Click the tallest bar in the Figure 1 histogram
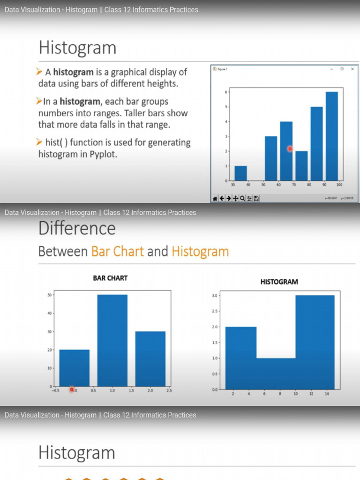tap(331, 136)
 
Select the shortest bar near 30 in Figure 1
tap(240, 173)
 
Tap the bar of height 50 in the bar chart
tap(112, 340)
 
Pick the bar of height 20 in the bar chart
tap(74, 367)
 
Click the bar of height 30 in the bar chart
tap(150, 359)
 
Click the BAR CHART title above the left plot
tap(110, 278)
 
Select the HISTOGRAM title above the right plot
tap(279, 282)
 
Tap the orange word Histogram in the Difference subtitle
tap(200, 252)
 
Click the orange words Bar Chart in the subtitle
tap(117, 252)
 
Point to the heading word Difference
tap(77, 229)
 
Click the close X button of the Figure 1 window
tap(352, 68)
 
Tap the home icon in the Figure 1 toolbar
tap(215, 199)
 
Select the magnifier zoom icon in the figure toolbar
tap(242, 199)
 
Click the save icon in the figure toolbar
tap(256, 199)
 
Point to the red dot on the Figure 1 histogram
tap(290, 149)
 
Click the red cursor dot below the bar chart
tap(72, 389)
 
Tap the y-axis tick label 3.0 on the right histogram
tap(215, 296)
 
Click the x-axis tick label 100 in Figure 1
tap(339, 185)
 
